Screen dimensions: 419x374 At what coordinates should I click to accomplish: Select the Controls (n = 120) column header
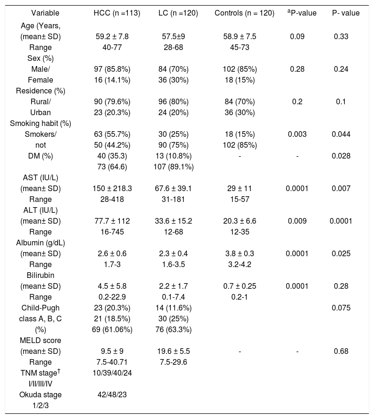(x=244, y=13)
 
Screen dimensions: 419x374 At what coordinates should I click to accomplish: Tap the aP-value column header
(x=302, y=13)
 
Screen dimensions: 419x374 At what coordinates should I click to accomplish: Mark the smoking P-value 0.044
(x=341, y=134)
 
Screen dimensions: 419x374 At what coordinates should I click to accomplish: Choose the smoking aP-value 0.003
(x=297, y=134)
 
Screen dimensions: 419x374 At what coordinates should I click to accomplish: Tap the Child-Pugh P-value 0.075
(x=341, y=308)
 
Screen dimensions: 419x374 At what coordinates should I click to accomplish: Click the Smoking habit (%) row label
(x=41, y=124)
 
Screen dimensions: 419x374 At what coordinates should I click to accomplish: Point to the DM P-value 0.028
(x=341, y=156)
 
